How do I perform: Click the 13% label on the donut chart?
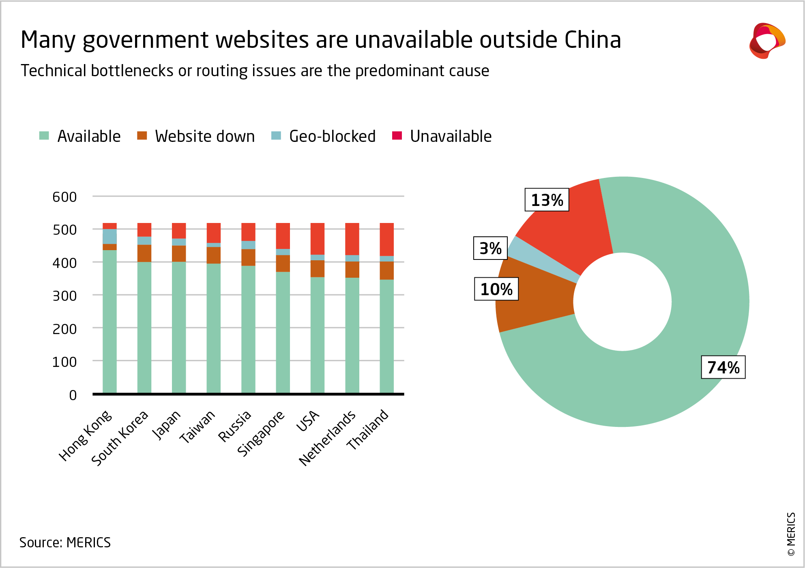coord(547,200)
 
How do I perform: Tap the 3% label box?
coord(490,248)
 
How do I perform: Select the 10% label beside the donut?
coord(496,289)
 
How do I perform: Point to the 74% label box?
coord(723,367)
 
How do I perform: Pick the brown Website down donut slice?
coord(535,296)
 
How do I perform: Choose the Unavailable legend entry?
coord(442,136)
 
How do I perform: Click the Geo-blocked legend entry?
coord(324,136)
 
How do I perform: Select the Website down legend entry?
coord(196,136)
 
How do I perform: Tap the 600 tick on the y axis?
coord(64,197)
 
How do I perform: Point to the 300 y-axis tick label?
coord(64,296)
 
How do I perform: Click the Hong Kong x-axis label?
coord(85,436)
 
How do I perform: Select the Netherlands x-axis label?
coord(327,438)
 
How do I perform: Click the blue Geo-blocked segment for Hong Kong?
coord(109,236)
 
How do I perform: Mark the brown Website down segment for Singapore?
coord(283,264)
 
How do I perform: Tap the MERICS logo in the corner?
coord(767,41)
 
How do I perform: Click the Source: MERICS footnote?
coord(65,542)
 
